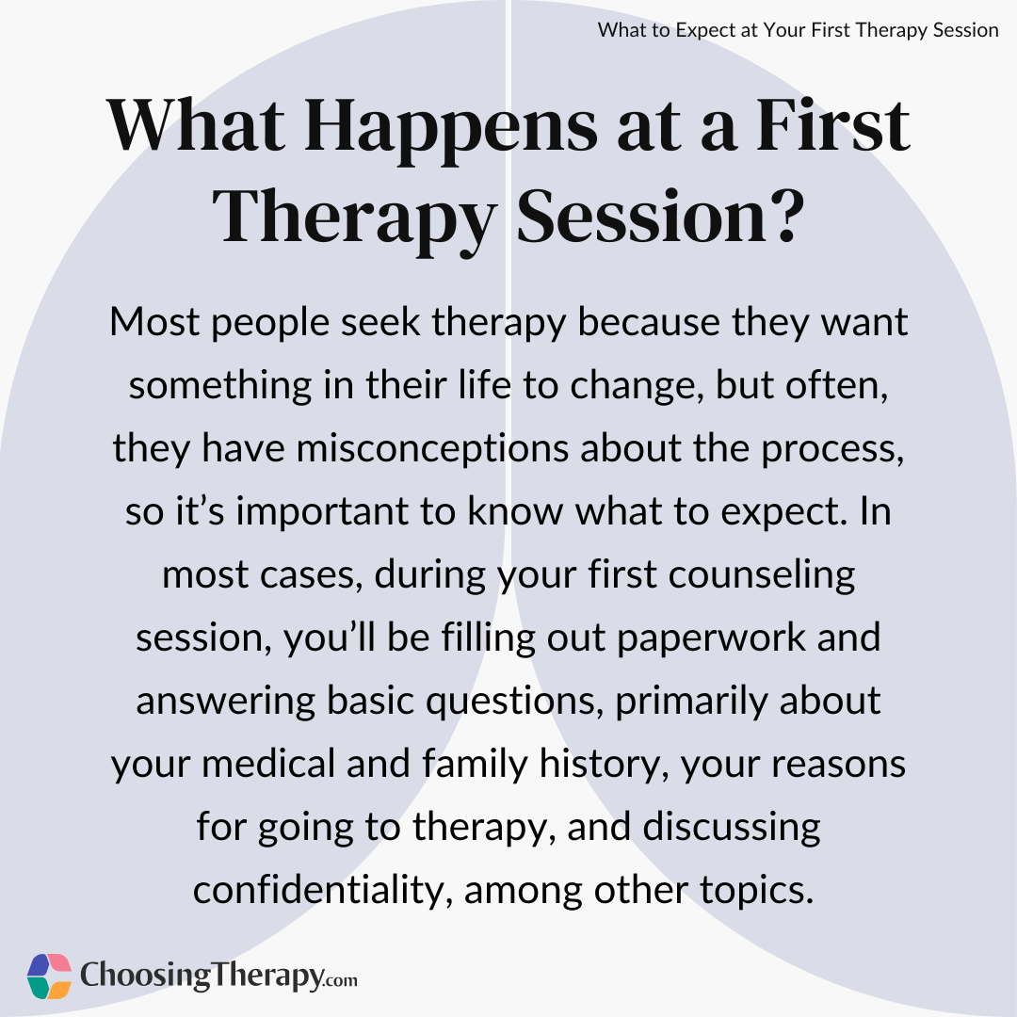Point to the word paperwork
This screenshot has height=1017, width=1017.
[711, 638]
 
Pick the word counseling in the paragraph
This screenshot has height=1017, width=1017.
[762, 576]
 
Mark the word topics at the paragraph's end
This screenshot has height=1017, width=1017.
[756, 891]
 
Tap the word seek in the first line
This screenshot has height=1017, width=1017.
[380, 322]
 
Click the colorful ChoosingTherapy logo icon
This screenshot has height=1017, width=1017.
[49, 977]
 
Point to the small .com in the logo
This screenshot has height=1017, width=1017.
[340, 980]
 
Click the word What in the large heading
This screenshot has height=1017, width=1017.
[196, 126]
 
